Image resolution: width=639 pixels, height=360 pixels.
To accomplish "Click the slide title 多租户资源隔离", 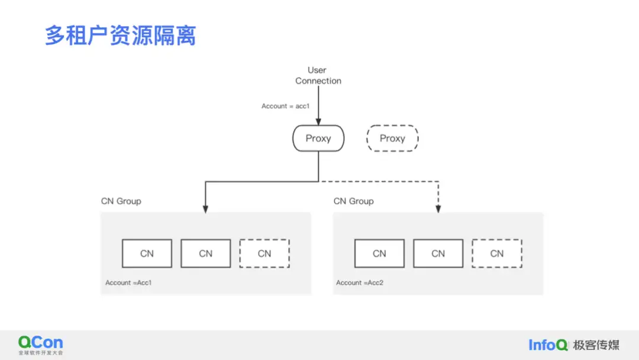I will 120,36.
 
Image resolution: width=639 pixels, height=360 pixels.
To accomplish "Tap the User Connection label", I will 318,75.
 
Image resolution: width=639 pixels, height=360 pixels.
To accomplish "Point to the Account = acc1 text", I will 286,106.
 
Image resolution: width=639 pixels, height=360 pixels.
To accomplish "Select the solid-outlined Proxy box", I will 318,139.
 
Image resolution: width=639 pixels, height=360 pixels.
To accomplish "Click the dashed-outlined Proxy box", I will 392,139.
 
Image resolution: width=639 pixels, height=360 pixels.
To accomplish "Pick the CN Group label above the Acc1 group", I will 121,201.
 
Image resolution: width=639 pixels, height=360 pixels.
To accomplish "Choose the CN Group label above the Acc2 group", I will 353,201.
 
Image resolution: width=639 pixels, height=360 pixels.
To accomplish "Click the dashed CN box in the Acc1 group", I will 264,253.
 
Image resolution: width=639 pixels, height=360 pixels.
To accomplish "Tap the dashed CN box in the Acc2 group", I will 496,253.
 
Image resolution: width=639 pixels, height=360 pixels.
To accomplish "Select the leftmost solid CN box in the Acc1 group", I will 147,253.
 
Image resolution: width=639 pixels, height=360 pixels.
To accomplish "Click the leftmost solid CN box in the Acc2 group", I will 379,253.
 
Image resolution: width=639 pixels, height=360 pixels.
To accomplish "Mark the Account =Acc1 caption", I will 128,283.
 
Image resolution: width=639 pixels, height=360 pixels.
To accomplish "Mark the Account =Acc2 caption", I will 360,283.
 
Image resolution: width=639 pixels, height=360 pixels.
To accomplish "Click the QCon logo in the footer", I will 40,343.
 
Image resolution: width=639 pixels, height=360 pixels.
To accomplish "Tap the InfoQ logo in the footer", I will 548,345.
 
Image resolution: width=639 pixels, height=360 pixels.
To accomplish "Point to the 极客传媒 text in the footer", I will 596,345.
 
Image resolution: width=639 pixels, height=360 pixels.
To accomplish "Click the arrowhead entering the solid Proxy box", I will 318,121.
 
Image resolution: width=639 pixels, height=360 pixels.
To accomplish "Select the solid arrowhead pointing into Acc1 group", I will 205,208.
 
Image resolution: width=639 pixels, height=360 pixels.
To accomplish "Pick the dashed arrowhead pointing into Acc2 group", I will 438,208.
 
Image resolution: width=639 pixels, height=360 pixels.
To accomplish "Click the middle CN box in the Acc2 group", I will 438,253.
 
